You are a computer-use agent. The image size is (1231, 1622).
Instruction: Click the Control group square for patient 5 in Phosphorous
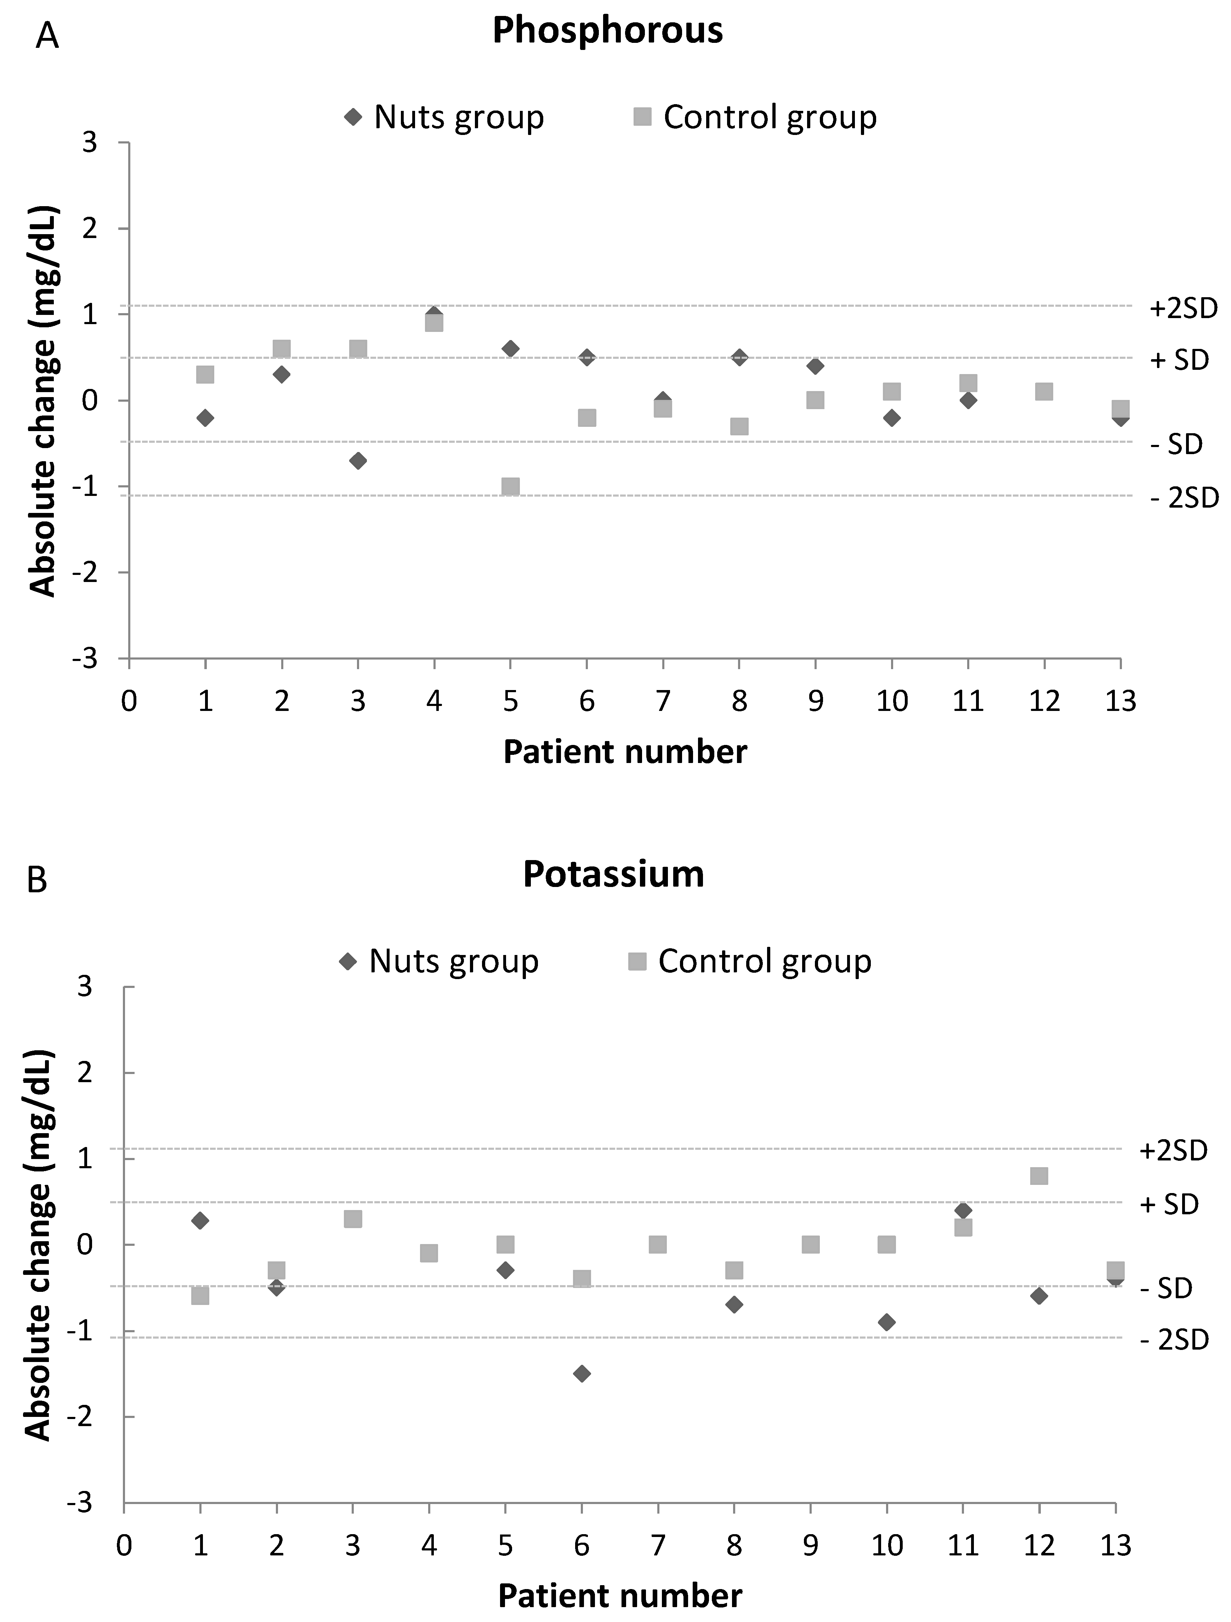pos(510,487)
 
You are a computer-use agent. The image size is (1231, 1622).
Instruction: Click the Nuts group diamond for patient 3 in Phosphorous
pos(358,460)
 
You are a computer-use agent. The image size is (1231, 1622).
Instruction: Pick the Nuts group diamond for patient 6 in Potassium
pos(582,1373)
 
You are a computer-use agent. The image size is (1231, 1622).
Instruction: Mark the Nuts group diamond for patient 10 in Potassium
pos(886,1322)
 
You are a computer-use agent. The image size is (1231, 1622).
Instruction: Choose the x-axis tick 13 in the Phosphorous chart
pos(1119,702)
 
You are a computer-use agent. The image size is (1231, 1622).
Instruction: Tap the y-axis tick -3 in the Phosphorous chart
pos(86,659)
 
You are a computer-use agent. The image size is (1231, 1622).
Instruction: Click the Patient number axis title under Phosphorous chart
pos(625,752)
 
